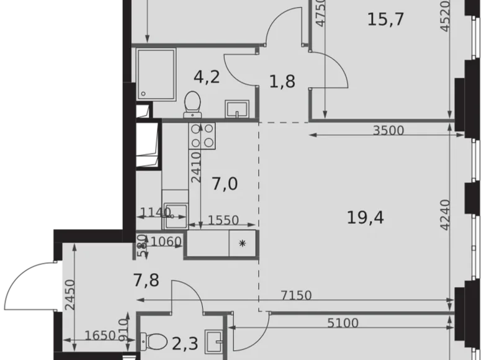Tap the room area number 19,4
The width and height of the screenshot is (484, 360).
click(366, 217)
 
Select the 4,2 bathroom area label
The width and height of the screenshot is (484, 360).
click(206, 77)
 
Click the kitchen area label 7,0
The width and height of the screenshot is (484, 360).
click(224, 184)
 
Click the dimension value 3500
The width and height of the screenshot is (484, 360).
click(388, 131)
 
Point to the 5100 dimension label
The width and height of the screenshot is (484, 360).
click(342, 322)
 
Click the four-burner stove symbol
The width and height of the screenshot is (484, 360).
click(203, 136)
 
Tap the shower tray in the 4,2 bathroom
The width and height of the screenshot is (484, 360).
click(156, 73)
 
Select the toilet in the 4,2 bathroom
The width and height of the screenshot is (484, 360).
click(193, 103)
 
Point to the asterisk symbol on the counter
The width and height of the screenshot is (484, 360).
click(241, 244)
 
